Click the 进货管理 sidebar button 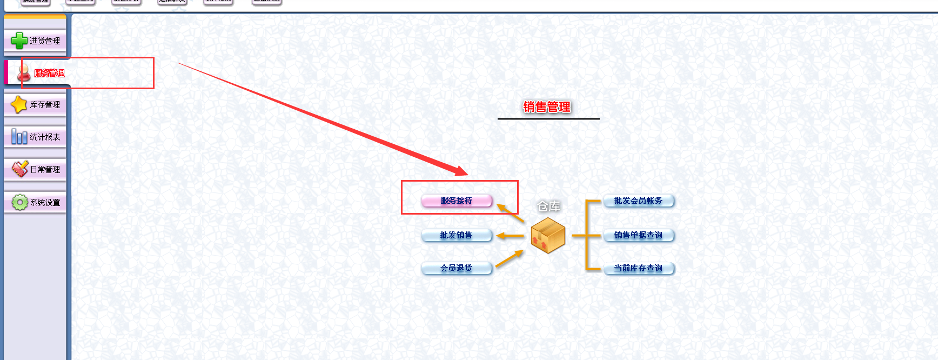35,41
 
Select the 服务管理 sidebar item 43,73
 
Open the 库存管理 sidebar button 35,105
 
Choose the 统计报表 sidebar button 35,137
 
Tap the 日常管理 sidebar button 35,170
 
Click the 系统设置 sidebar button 35,203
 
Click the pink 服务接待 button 457,201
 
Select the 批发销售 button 457,235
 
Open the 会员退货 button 457,268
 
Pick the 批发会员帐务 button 638,201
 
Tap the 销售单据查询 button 638,235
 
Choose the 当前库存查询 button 638,268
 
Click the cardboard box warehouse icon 548,236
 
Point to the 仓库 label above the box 548,206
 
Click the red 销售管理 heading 547,107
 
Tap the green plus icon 19,41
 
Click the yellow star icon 19,104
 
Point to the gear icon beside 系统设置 19,203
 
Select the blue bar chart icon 19,137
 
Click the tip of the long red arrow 466,174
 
